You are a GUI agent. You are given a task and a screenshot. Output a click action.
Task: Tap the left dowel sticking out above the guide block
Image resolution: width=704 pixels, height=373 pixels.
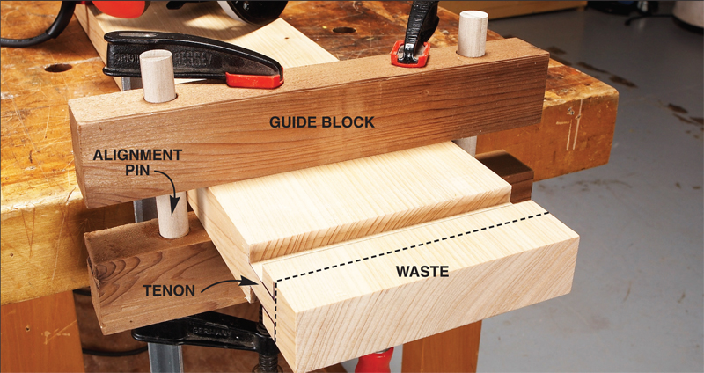[x=159, y=76]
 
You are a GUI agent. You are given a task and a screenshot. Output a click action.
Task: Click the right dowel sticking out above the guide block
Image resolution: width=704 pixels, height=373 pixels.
[x=473, y=33]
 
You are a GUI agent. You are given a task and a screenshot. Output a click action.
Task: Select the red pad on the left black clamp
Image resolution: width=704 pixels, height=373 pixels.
[x=253, y=80]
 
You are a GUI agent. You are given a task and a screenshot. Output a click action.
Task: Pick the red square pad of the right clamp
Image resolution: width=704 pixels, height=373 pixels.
[x=406, y=55]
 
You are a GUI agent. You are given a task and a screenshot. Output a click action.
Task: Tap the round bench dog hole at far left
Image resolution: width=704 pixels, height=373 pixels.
[x=58, y=68]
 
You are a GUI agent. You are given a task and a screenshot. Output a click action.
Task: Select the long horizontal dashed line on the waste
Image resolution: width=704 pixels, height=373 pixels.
[x=414, y=239]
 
